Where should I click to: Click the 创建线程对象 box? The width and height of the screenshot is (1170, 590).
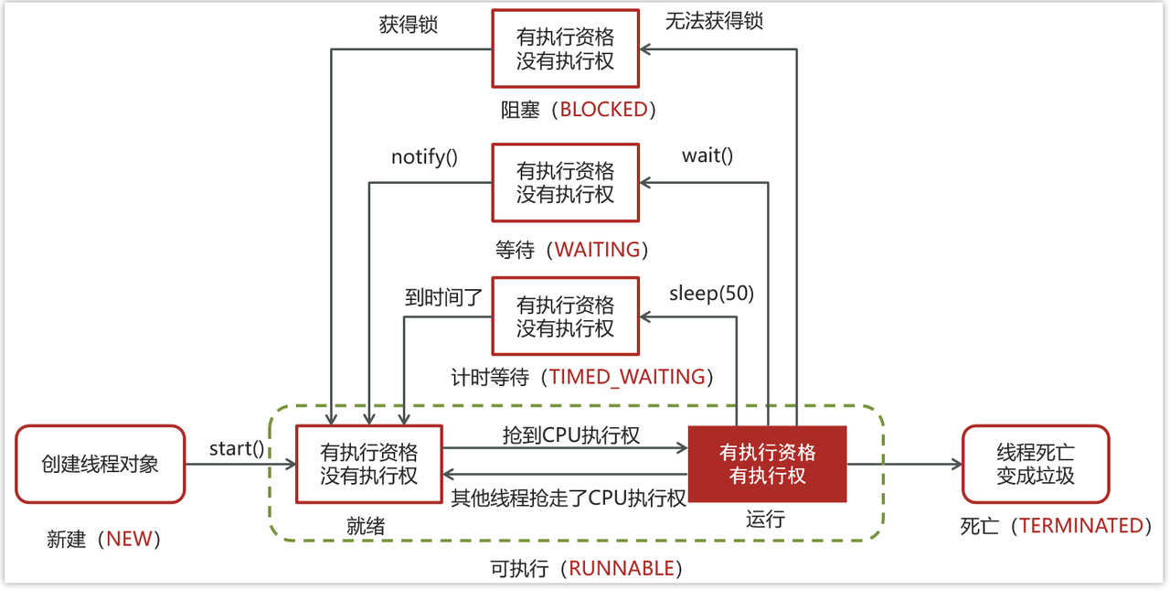(x=101, y=464)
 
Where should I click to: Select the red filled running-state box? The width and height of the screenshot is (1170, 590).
(x=767, y=464)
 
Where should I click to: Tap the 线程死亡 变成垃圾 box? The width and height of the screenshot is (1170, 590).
(x=1036, y=464)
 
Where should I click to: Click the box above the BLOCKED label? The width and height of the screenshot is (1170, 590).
(x=565, y=49)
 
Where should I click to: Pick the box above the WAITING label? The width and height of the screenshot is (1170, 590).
(x=565, y=182)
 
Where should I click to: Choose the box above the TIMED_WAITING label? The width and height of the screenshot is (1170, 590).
(x=565, y=316)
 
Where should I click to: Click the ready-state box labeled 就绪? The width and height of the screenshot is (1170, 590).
(x=368, y=464)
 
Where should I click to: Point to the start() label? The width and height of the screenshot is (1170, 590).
(x=237, y=448)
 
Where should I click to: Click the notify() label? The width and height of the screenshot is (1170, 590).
(x=424, y=157)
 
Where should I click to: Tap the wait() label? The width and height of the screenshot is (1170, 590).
(x=707, y=156)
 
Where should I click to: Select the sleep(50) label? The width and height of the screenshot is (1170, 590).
(x=711, y=293)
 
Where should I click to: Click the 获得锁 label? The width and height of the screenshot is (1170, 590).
(x=409, y=25)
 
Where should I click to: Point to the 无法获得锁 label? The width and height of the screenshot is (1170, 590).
(x=714, y=21)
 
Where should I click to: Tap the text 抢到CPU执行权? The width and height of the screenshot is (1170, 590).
(x=570, y=434)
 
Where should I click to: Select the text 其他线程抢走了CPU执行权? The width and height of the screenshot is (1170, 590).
(x=569, y=499)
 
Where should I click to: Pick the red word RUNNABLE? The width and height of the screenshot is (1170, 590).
(x=622, y=568)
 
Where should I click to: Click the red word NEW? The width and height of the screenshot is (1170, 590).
(x=129, y=540)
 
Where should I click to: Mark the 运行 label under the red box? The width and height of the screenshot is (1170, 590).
(x=765, y=520)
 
